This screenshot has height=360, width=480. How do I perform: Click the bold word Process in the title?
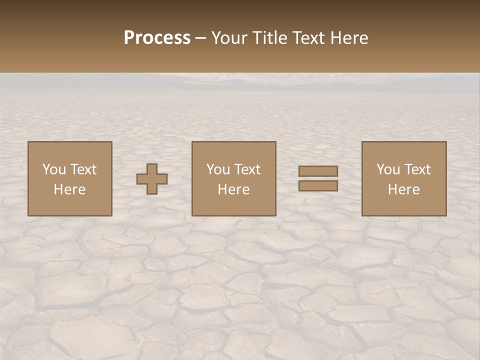click(x=157, y=38)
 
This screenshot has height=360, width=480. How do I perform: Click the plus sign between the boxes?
click(x=152, y=179)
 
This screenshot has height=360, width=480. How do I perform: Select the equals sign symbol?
click(x=318, y=178)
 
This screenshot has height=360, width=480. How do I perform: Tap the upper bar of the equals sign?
click(x=318, y=171)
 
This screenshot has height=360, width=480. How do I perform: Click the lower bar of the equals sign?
click(x=318, y=186)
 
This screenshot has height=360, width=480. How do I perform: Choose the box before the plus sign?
click(x=69, y=178)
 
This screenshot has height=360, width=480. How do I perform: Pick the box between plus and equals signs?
click(x=233, y=178)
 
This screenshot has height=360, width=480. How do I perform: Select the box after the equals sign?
click(x=403, y=178)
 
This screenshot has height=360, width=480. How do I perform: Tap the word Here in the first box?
click(x=69, y=189)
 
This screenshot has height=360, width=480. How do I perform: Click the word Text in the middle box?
click(x=247, y=169)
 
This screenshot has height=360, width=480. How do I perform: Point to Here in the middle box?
click(x=233, y=189)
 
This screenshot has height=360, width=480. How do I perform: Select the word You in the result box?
click(x=388, y=169)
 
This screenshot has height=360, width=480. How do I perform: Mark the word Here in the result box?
click(x=403, y=189)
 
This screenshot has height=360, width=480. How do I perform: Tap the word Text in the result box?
click(x=417, y=169)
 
